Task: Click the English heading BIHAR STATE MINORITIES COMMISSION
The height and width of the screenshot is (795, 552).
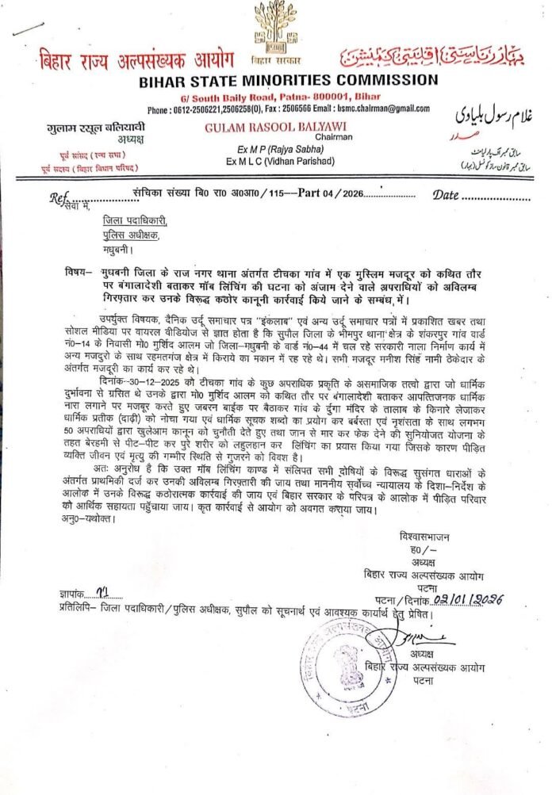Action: [274, 80]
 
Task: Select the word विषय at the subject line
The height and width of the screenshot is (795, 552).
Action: [77, 272]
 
